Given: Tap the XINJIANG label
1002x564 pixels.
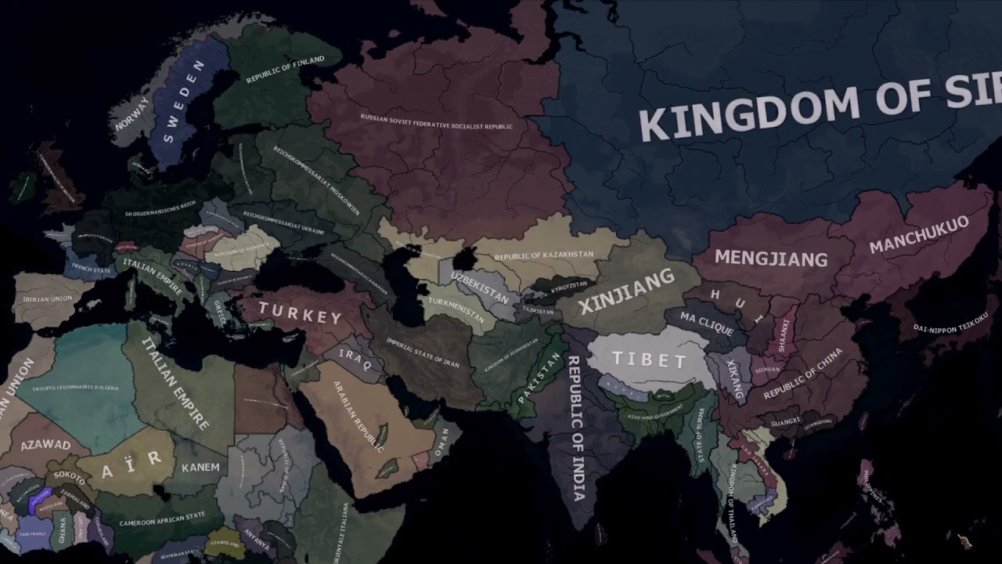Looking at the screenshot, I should pyautogui.click(x=627, y=290).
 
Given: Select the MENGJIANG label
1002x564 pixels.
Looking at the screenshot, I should pyautogui.click(x=771, y=258).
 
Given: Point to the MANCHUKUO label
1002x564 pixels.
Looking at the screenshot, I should pyautogui.click(x=918, y=234).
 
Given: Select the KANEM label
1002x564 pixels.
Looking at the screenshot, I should pyautogui.click(x=200, y=467).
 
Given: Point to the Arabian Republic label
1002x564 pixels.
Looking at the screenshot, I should pyautogui.click(x=358, y=416).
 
